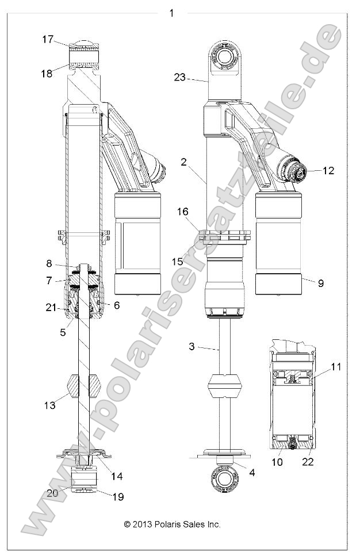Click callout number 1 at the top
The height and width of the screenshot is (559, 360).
click(x=171, y=13)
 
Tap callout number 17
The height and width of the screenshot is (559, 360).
click(x=48, y=39)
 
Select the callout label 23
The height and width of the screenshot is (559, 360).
click(x=180, y=77)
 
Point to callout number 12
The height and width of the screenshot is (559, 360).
click(x=328, y=170)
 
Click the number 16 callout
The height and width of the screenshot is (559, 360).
click(x=182, y=212)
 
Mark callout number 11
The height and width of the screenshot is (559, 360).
click(x=336, y=365)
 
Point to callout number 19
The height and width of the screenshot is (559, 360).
click(x=117, y=496)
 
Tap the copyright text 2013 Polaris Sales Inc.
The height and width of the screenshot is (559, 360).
click(x=173, y=524)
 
